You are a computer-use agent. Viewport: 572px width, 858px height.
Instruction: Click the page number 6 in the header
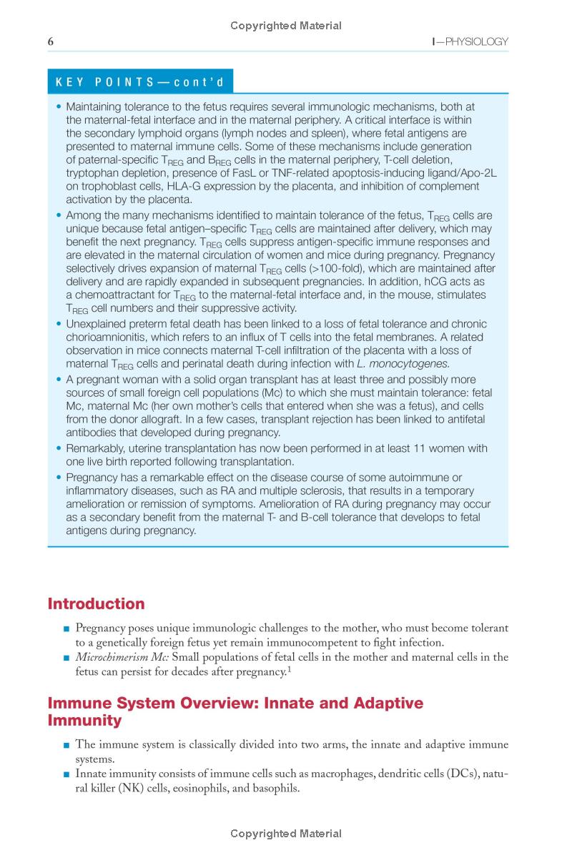pyautogui.click(x=51, y=41)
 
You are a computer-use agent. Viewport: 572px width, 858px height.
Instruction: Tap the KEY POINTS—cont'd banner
pyautogui.click(x=140, y=82)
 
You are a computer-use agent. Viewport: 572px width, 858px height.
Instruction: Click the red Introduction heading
pyautogui.click(x=96, y=603)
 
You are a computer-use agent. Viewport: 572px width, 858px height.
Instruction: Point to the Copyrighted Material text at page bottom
pyautogui.click(x=286, y=833)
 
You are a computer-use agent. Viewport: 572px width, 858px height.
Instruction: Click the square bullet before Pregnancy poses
pyautogui.click(x=66, y=628)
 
